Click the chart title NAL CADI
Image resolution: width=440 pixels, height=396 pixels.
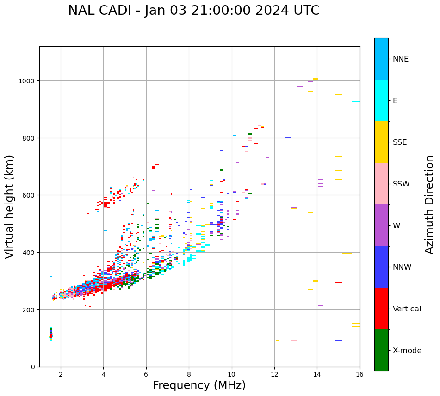tap(194, 11)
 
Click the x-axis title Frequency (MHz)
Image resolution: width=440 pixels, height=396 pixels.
tap(199, 385)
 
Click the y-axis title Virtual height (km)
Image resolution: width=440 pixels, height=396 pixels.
tap(10, 206)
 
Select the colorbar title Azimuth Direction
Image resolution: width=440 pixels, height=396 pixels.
tap(430, 204)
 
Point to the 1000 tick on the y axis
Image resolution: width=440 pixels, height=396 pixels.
tap(29, 81)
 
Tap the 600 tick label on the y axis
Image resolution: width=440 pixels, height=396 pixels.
tap(31, 195)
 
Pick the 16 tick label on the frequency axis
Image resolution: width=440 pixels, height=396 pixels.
tap(360, 374)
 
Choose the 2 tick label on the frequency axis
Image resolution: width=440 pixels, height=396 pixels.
tap(61, 374)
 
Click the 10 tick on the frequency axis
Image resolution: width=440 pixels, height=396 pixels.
tap(231, 374)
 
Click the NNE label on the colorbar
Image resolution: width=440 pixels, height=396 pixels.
tap(401, 59)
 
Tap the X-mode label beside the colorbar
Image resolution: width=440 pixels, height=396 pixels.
tap(407, 351)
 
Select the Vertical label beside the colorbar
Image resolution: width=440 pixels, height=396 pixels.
tap(407, 309)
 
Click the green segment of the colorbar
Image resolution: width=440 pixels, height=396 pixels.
tap(381, 350)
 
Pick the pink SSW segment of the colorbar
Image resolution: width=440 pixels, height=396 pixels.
tap(381, 184)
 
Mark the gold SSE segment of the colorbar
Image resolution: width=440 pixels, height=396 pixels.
tap(381, 142)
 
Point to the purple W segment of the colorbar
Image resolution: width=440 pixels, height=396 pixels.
tap(381, 225)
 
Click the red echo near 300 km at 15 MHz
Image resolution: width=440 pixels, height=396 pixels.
tap(338, 283)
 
